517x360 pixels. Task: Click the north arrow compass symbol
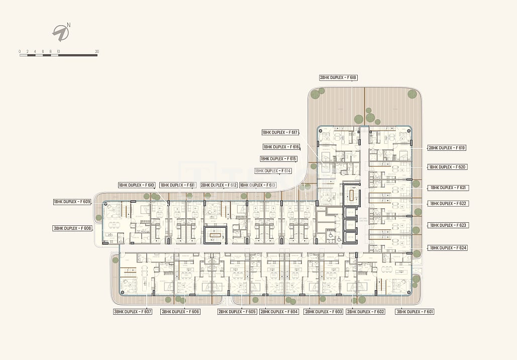pyautogui.click(x=61, y=32)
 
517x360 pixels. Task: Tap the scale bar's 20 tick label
pyautogui.click(x=97, y=51)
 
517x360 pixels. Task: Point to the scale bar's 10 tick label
pyautogui.click(x=58, y=51)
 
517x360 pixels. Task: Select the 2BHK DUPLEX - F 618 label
pyautogui.click(x=338, y=77)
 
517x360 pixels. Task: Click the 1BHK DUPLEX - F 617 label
pyautogui.click(x=280, y=133)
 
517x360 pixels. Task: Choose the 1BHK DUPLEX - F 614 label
pyautogui.click(x=273, y=171)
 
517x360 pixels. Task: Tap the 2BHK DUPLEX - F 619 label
pyautogui.click(x=447, y=148)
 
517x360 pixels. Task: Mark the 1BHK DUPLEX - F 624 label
pyautogui.click(x=448, y=248)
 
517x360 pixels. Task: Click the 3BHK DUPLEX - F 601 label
pyautogui.click(x=415, y=312)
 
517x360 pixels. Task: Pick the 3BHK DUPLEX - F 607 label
pyautogui.click(x=133, y=312)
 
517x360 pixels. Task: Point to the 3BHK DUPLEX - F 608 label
pyautogui.click(x=73, y=228)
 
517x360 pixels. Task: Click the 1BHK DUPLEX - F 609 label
pyautogui.click(x=72, y=202)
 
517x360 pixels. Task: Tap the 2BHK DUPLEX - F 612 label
pyautogui.click(x=219, y=185)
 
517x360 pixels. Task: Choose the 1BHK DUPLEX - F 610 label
pyautogui.click(x=137, y=185)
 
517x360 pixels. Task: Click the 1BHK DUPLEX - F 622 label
pyautogui.click(x=448, y=204)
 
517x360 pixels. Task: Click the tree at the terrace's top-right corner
pyautogui.click(x=412, y=94)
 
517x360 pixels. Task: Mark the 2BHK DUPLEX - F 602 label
pyautogui.click(x=366, y=312)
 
